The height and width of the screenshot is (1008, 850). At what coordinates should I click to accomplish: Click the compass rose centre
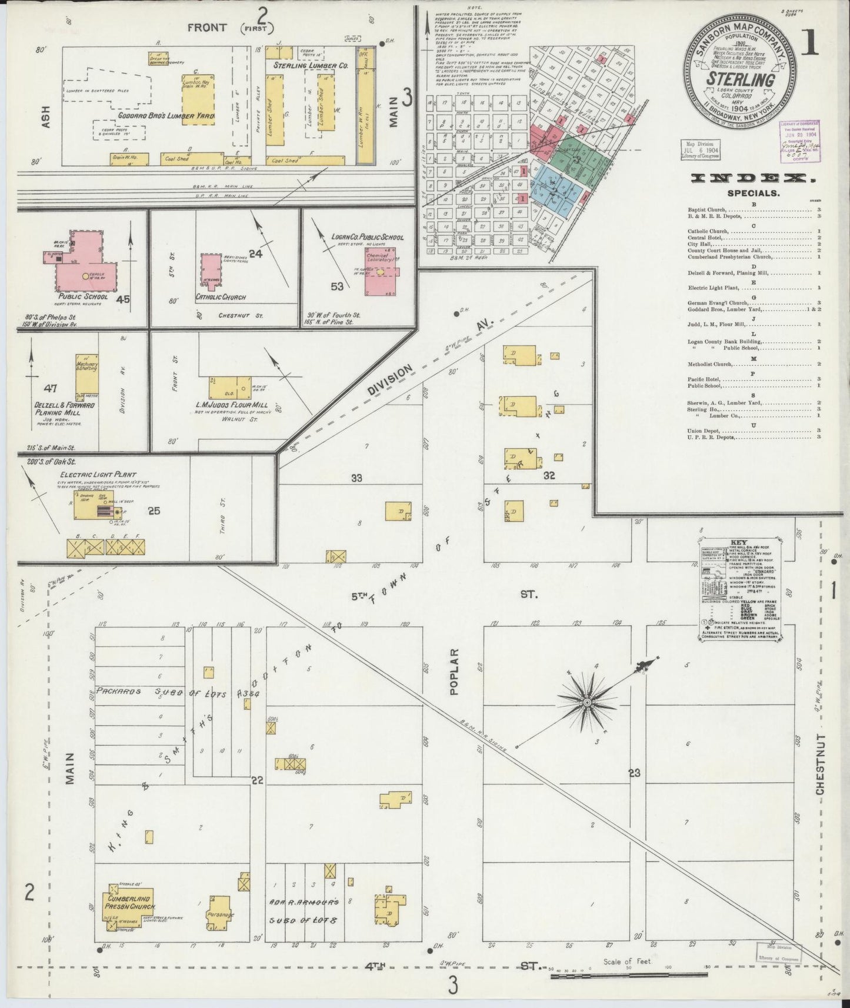click(x=586, y=703)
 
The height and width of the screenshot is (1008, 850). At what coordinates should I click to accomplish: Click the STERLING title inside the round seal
click(x=740, y=79)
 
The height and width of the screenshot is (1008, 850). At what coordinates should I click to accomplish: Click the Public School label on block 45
click(x=79, y=297)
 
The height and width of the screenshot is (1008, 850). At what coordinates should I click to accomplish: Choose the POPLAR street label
click(x=454, y=672)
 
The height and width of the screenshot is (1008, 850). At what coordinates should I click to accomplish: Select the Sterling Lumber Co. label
click(x=310, y=66)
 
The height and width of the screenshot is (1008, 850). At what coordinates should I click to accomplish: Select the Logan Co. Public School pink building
click(x=379, y=271)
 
